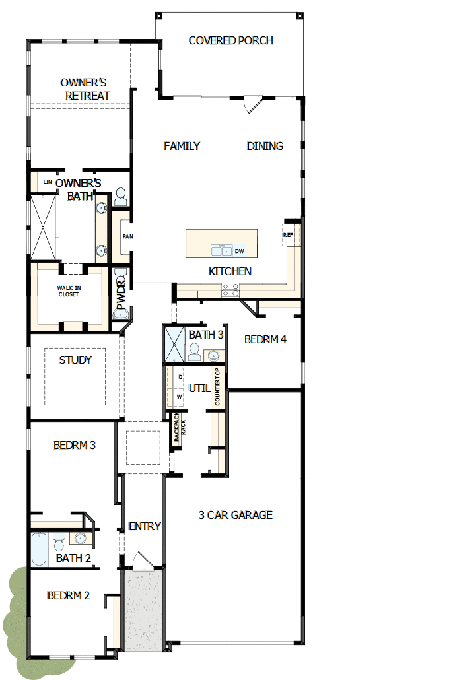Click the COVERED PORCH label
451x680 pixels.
[230, 41]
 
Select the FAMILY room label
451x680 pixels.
[182, 146]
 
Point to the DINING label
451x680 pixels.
[265, 146]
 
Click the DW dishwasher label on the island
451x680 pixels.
[239, 251]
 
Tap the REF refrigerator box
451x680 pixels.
[289, 235]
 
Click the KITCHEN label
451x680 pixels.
[230, 271]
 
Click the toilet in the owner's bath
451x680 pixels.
[120, 195]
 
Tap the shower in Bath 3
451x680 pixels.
[174, 344]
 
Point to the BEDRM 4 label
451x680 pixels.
[265, 340]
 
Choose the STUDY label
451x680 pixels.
[75, 360]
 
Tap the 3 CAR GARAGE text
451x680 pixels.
[235, 515]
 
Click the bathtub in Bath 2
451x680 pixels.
[39, 549]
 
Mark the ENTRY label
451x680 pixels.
[145, 526]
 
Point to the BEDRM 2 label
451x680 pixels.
[68, 595]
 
